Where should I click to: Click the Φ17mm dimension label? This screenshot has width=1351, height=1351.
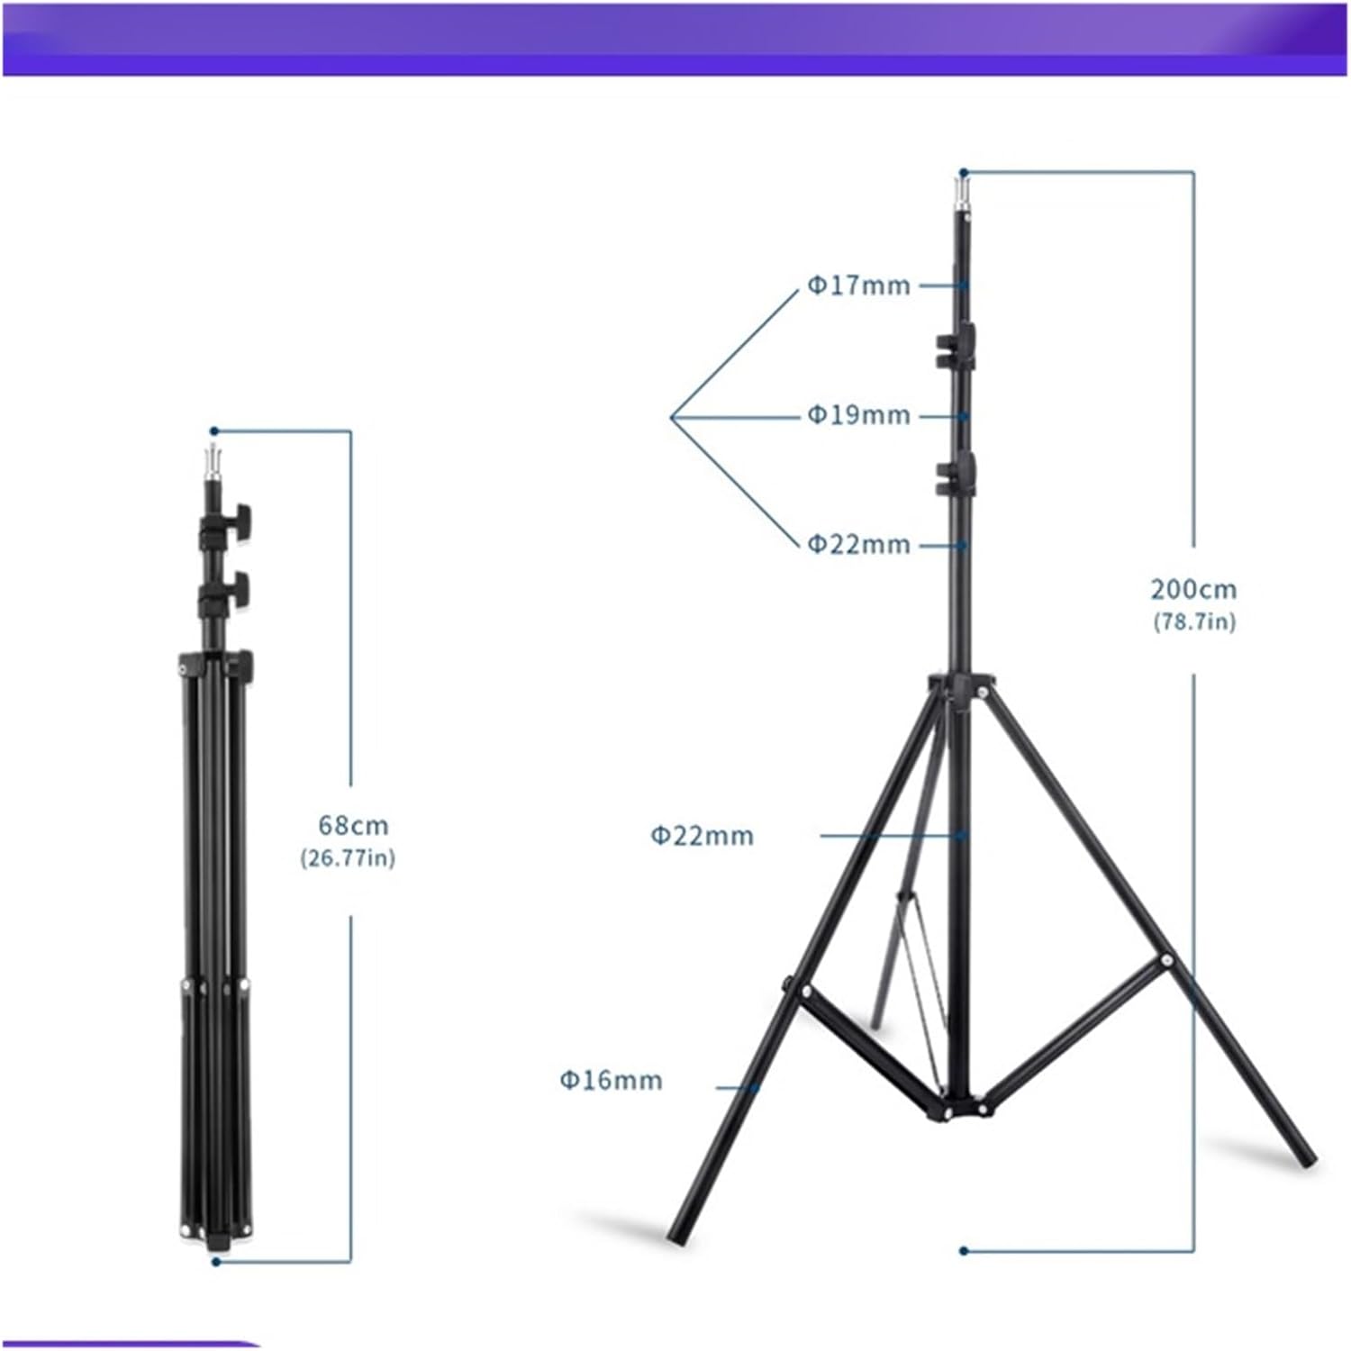pyautogui.click(x=858, y=286)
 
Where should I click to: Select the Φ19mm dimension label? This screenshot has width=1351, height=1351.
pyautogui.click(x=858, y=415)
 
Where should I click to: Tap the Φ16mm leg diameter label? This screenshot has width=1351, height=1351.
pyautogui.click(x=611, y=1079)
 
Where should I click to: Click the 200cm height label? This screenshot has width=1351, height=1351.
pyautogui.click(x=1193, y=589)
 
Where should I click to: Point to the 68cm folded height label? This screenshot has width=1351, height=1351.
pyautogui.click(x=353, y=825)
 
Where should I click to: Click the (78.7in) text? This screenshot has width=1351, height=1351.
pyautogui.click(x=1194, y=621)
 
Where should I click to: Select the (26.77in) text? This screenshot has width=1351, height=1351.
pyautogui.click(x=348, y=857)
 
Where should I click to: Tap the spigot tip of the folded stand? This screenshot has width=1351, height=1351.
pyautogui.click(x=214, y=460)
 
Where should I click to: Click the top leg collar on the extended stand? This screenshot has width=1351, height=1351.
pyautogui.click(x=961, y=686)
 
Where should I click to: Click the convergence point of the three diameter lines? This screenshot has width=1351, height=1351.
pyautogui.click(x=673, y=417)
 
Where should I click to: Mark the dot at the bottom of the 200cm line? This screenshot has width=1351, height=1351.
pyautogui.click(x=963, y=1250)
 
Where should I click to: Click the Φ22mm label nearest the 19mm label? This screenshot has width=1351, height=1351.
pyautogui.click(x=858, y=544)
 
